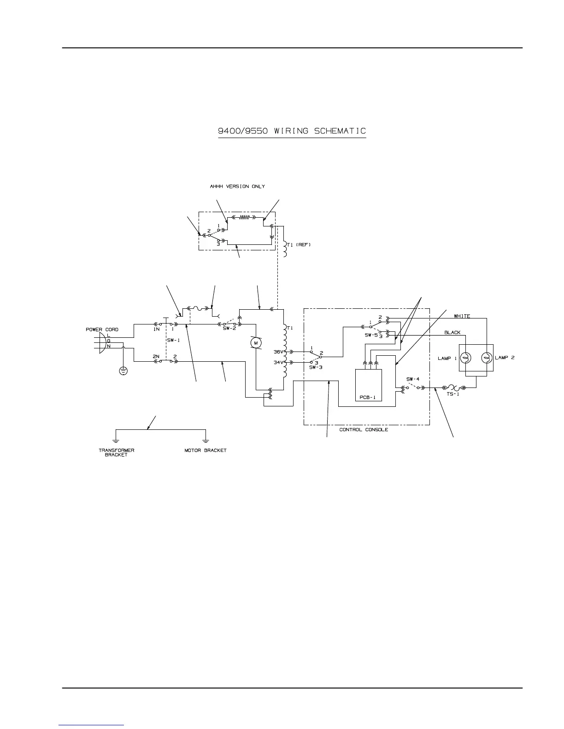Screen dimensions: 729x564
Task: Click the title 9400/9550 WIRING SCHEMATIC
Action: pyautogui.click(x=292, y=131)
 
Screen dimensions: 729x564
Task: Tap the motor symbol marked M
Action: pyautogui.click(x=255, y=342)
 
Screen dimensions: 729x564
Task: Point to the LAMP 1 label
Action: pyautogui.click(x=444, y=358)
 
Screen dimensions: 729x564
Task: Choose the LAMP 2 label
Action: pyautogui.click(x=505, y=358)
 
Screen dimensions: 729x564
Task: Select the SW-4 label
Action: pyautogui.click(x=413, y=379)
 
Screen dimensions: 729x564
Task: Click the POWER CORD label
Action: pyautogui.click(x=102, y=330)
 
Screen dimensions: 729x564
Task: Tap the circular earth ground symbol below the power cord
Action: pyautogui.click(x=123, y=370)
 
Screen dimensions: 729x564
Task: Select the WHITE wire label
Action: pyautogui.click(x=462, y=316)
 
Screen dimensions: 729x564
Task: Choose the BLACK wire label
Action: pyautogui.click(x=452, y=332)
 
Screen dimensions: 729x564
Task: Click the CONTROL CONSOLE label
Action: pyautogui.click(x=364, y=430)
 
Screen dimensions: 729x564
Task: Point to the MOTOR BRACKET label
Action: pyautogui.click(x=206, y=450)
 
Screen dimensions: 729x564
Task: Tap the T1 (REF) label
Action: pyautogui.click(x=299, y=245)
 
